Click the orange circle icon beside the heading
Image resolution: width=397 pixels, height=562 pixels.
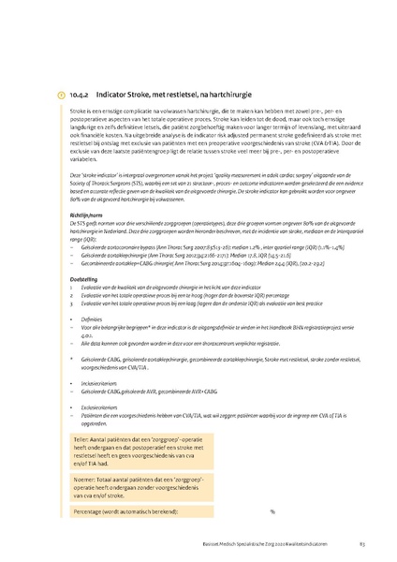coord(62,95)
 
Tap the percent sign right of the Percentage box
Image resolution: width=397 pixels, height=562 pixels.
coord(272,511)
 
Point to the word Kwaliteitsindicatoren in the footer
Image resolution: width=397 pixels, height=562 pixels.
coord(301,543)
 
